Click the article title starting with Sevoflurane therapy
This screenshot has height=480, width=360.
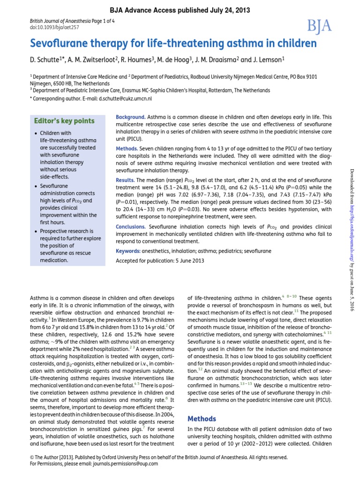point(173,44)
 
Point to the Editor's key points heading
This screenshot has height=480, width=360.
point(64,121)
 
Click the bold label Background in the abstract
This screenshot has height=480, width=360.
point(130,117)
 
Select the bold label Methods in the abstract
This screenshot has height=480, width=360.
point(127,148)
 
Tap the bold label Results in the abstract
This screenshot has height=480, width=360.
point(125,180)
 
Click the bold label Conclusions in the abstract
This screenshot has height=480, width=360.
point(131,226)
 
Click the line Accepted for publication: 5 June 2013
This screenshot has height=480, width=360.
point(160,261)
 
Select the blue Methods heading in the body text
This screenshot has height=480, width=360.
point(202,419)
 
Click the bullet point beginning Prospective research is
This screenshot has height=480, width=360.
point(66,245)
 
